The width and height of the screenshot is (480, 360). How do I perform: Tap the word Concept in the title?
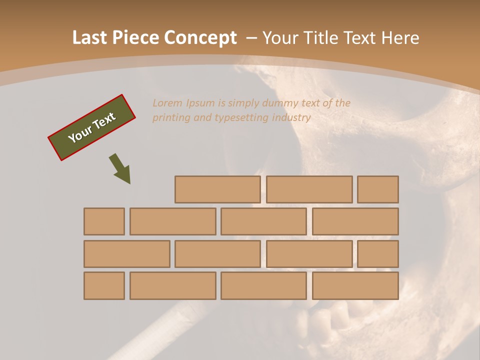pos(201,38)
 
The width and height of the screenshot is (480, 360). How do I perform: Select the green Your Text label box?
pos(92,127)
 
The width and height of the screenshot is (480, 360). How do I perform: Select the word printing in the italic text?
pos(170,118)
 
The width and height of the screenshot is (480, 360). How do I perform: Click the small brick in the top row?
pos(378,189)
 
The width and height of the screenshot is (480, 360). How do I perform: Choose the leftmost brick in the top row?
pos(217,189)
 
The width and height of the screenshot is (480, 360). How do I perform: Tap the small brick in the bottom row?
pos(104,286)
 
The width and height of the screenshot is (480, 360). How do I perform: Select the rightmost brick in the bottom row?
pos(355,286)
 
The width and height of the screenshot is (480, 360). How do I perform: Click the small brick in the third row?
pos(378,254)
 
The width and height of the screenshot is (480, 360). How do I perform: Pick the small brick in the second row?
pos(104,221)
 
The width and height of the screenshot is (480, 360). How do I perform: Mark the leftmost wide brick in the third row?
pos(126,254)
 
